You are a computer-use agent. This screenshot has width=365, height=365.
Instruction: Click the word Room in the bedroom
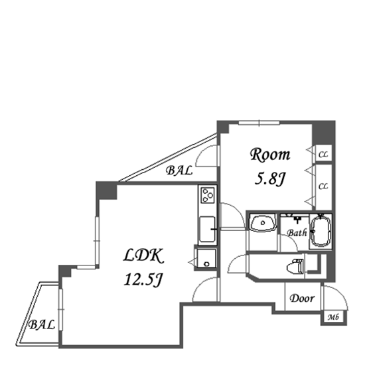tap(270, 155)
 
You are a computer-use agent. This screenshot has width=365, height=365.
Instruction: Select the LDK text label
tap(143, 256)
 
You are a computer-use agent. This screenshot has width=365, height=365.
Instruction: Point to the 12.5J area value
tap(143, 279)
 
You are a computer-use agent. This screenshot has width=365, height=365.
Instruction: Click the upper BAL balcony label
tap(179, 171)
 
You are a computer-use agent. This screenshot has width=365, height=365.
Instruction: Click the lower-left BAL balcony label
tap(42, 325)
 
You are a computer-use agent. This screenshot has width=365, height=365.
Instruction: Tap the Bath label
tap(297, 233)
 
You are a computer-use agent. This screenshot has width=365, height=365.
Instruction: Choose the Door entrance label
tap(302, 299)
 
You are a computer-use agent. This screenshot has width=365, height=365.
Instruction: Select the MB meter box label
tap(333, 317)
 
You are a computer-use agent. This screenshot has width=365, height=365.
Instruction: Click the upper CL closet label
tap(323, 155)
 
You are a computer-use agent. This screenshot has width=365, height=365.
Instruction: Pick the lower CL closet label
tap(323, 186)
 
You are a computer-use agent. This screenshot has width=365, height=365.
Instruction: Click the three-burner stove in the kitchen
tap(208, 195)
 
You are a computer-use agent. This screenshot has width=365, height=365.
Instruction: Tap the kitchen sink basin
tap(207, 230)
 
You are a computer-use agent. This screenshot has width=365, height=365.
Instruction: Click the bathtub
tap(321, 232)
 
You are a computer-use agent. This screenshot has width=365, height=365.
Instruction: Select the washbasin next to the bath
tap(263, 223)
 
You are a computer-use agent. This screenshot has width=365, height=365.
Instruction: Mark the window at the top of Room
tap(259, 123)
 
